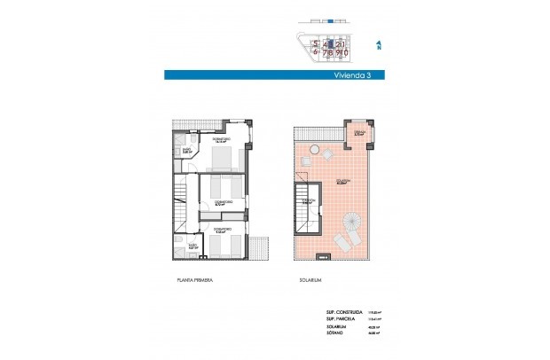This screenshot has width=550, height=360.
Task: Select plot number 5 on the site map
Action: (x=314, y=43)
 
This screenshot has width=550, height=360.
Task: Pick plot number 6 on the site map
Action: (x=314, y=51)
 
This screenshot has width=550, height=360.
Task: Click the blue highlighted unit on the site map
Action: (x=332, y=42)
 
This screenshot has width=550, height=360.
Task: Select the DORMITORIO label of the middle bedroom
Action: (x=224, y=202)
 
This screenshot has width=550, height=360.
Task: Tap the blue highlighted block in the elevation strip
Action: (x=331, y=20)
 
